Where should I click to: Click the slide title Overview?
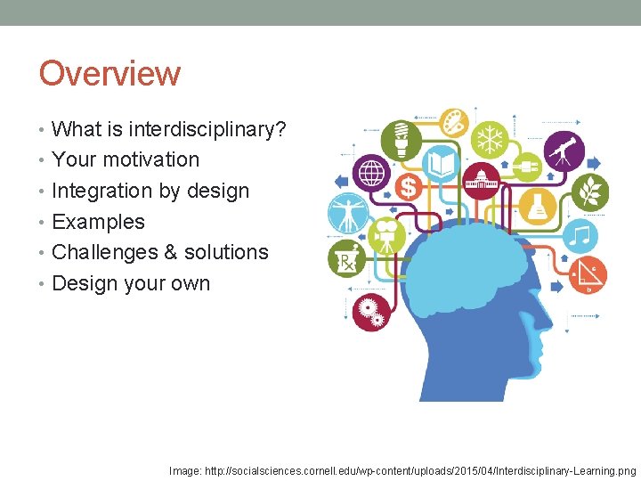[x=110, y=73]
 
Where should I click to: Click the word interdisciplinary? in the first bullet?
[x=207, y=129]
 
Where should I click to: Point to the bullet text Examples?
[x=98, y=222]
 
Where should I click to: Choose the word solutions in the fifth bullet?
[x=227, y=252]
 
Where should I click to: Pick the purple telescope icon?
[x=564, y=151]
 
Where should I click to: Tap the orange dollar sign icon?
[x=409, y=187]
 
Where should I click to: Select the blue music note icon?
[x=582, y=236]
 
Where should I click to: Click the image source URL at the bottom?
[x=403, y=469]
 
